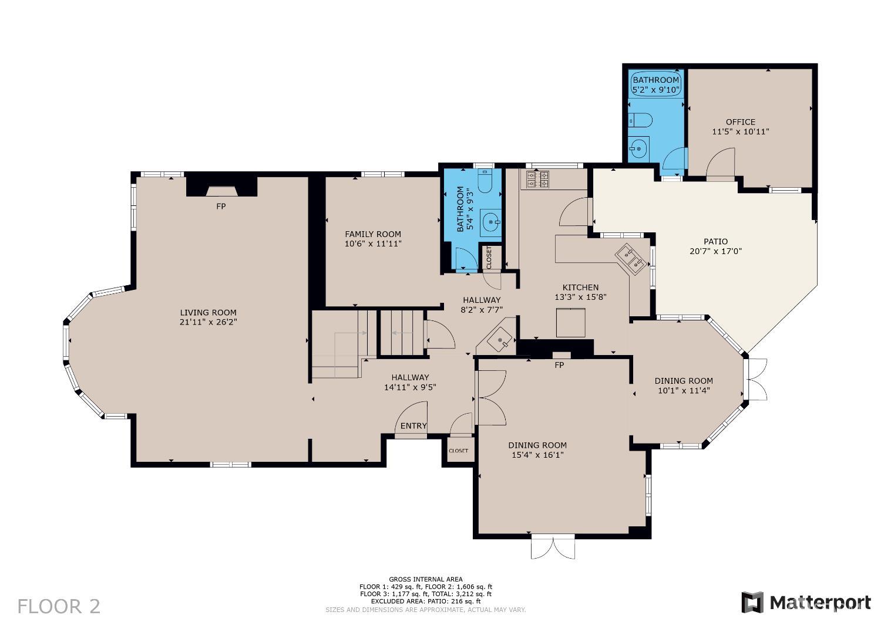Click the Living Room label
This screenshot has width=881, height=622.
(208, 313)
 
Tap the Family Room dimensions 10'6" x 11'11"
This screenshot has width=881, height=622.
(373, 244)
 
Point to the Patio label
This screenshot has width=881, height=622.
(715, 241)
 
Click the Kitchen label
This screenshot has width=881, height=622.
(580, 288)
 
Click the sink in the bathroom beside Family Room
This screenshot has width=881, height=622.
(490, 222)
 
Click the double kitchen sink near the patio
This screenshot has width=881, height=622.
(630, 260)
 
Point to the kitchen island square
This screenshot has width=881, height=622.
(570, 323)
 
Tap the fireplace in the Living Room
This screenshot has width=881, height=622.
(221, 190)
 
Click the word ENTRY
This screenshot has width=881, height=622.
(413, 426)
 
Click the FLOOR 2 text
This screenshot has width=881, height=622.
(59, 606)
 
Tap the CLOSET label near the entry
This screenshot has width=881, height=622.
(458, 451)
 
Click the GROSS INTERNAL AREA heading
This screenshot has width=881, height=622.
(425, 579)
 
